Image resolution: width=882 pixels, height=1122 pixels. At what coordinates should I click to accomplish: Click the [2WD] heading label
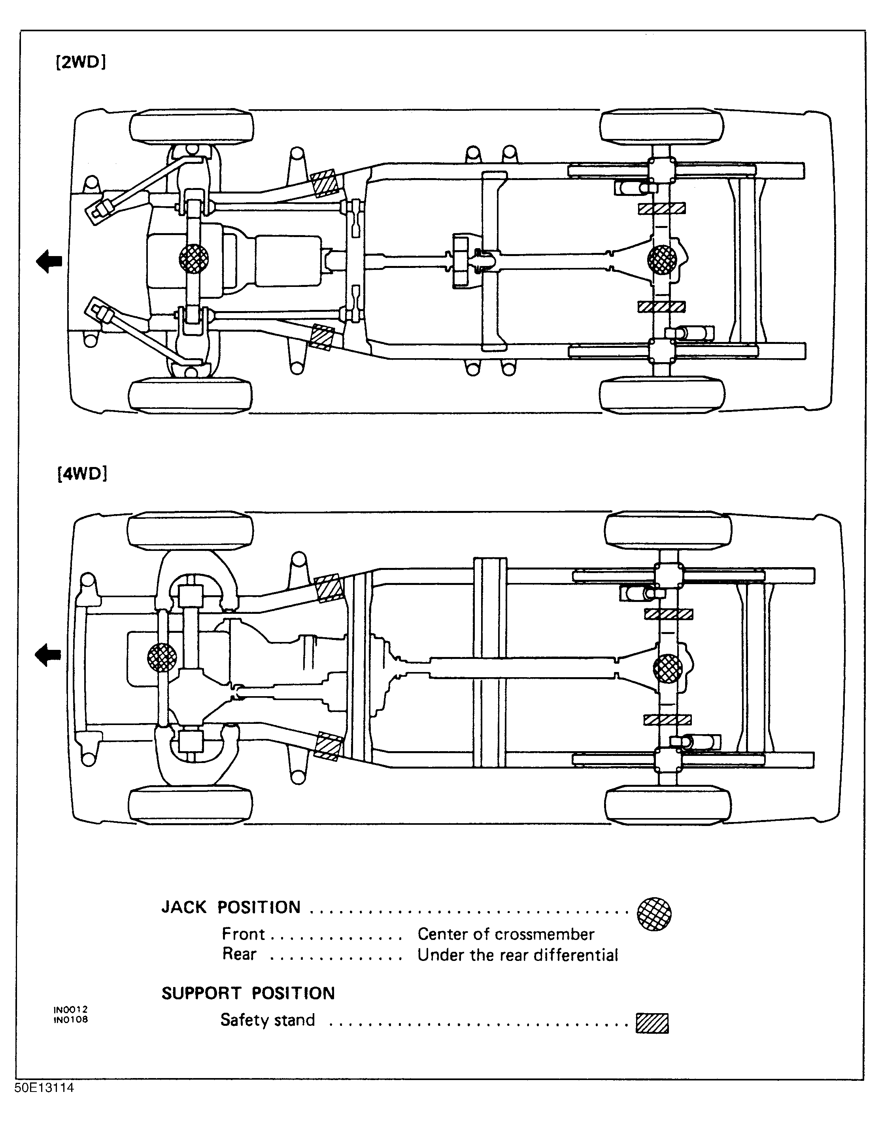pos(81,63)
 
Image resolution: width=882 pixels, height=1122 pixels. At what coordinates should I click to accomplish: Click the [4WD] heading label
pos(82,473)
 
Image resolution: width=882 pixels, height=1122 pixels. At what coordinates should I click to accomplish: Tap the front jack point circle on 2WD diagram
pos(194,258)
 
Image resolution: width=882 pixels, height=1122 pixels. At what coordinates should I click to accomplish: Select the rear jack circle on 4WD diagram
pos(668,668)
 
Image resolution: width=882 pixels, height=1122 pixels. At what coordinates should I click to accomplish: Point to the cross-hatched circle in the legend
pos(654,914)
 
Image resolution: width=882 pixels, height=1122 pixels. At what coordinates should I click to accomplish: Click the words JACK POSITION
pos(231,907)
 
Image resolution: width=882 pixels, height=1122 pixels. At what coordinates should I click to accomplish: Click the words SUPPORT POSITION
pos(248,993)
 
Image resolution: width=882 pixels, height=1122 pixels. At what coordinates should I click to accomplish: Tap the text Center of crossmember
pos(506,934)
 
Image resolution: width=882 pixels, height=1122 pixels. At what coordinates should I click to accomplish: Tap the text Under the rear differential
pos(517,955)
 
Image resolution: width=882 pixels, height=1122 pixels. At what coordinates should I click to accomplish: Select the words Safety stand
pos(268,1019)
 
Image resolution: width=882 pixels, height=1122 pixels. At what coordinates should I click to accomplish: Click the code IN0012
pos(71,1009)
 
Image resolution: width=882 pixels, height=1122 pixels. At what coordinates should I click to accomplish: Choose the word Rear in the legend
pos(239,954)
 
